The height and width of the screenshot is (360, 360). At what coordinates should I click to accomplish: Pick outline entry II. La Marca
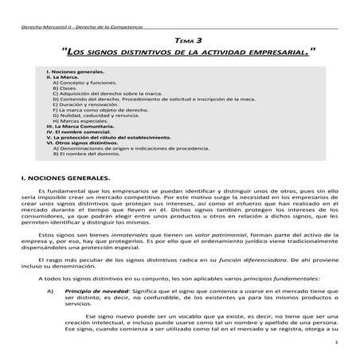point(63,76)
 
